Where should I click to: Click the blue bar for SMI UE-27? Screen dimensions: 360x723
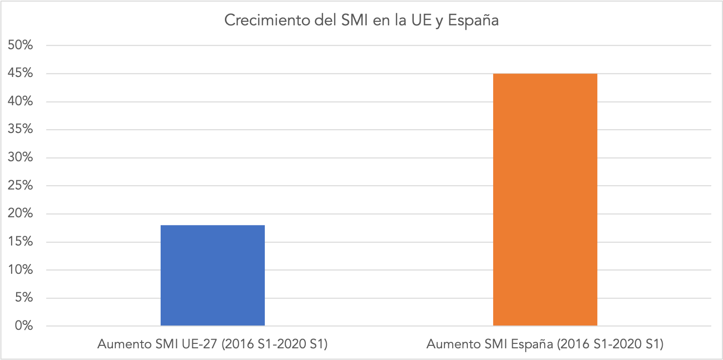pos(213,275)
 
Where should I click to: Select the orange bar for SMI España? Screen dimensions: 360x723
pos(545,200)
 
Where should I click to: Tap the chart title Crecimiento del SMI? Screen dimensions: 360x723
pos(361,21)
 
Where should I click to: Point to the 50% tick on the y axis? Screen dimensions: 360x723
pos(20,45)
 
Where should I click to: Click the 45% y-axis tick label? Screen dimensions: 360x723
pos(20,74)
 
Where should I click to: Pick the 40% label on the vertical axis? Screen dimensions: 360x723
pos(20,102)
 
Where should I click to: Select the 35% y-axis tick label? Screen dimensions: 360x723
pos(20,130)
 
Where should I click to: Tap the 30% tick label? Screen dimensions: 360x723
pos(20,158)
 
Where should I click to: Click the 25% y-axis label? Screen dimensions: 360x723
pos(20,186)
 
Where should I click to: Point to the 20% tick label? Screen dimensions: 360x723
pos(20,214)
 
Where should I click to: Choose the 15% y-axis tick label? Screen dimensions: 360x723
pos(20,242)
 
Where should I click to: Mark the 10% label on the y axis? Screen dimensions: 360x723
pos(20,270)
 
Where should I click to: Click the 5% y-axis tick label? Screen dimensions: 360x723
pos(23,298)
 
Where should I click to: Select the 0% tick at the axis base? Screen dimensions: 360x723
pos(23,326)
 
